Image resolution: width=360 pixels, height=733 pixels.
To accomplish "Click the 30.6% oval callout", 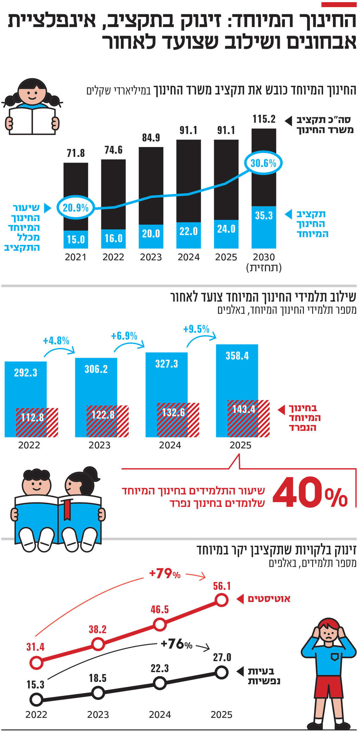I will pyautogui.click(x=263, y=163).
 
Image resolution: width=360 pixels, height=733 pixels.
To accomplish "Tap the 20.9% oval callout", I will pyautogui.click(x=76, y=208).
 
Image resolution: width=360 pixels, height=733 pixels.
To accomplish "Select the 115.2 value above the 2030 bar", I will pyautogui.click(x=264, y=119).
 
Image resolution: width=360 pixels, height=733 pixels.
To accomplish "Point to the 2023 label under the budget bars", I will pyautogui.click(x=151, y=257).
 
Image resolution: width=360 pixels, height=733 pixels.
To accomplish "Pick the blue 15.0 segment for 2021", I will pyautogui.click(x=76, y=239).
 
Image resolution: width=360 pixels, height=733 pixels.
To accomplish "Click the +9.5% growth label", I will pyautogui.click(x=196, y=329).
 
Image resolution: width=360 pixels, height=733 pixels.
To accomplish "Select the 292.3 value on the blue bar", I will pyautogui.click(x=26, y=372).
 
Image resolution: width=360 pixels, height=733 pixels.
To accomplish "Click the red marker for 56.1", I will pyautogui.click(x=221, y=600).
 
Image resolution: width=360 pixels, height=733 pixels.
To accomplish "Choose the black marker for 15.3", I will pyautogui.click(x=36, y=700).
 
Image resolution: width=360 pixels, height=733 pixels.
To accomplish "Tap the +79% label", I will pyautogui.click(x=165, y=574).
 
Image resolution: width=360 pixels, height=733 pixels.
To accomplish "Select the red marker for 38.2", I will pyautogui.click(x=98, y=644).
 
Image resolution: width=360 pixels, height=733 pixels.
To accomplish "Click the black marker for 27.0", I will pyautogui.click(x=221, y=673).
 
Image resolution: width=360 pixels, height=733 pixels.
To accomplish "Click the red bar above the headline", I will pyautogui.click(x=339, y=5).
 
